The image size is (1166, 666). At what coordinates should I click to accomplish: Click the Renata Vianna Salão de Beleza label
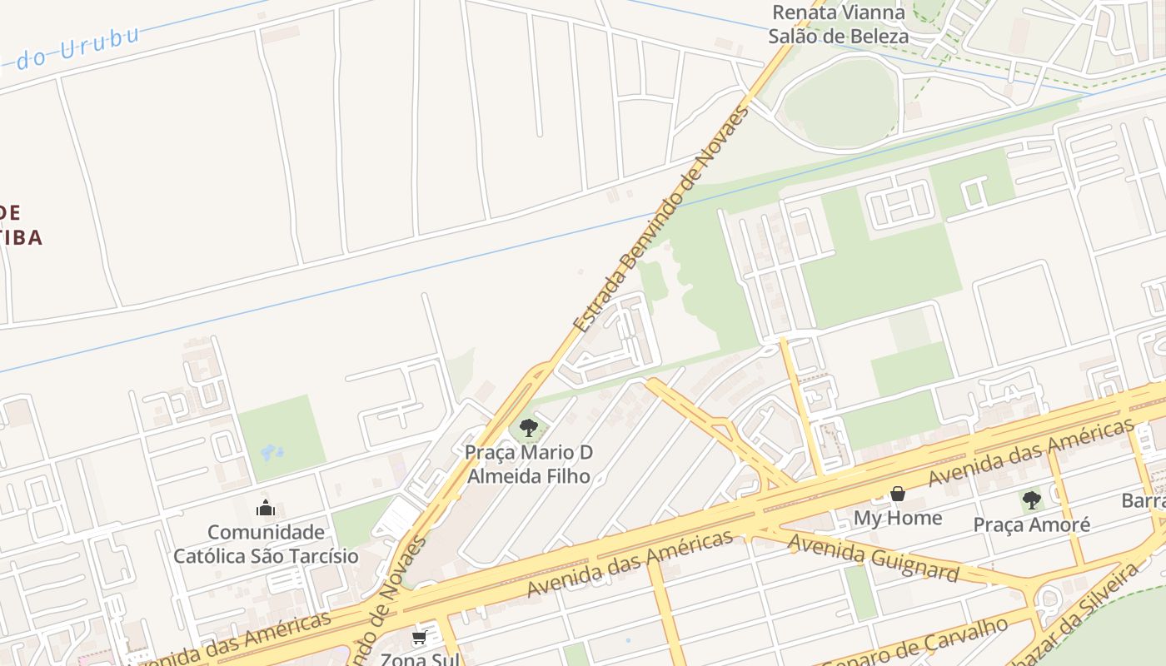pyautogui.click(x=838, y=24)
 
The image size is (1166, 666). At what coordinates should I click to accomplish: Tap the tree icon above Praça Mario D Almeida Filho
pyautogui.click(x=528, y=429)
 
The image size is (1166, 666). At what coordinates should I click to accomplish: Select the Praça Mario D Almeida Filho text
pyautogui.click(x=529, y=465)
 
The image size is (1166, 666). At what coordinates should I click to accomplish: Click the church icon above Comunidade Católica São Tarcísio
pyautogui.click(x=266, y=508)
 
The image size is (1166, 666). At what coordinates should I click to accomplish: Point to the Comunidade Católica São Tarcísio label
pyautogui.click(x=266, y=544)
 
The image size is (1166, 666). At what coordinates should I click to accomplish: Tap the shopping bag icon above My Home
pyautogui.click(x=898, y=495)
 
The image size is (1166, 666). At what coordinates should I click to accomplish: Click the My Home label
pyautogui.click(x=898, y=518)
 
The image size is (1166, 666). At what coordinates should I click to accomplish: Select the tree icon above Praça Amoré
pyautogui.click(x=1032, y=500)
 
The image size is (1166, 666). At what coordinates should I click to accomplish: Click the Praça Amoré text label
pyautogui.click(x=1032, y=525)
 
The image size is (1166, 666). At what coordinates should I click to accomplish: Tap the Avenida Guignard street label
pyautogui.click(x=873, y=557)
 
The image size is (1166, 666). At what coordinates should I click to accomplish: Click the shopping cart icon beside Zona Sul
pyautogui.click(x=419, y=638)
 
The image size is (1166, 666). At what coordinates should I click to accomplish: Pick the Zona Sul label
pyautogui.click(x=420, y=659)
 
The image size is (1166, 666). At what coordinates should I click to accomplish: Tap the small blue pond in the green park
pyautogui.click(x=272, y=453)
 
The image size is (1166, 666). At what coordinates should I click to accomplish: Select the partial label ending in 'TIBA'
pyautogui.click(x=20, y=237)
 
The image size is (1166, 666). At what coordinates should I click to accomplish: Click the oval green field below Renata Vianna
pyautogui.click(x=840, y=102)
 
